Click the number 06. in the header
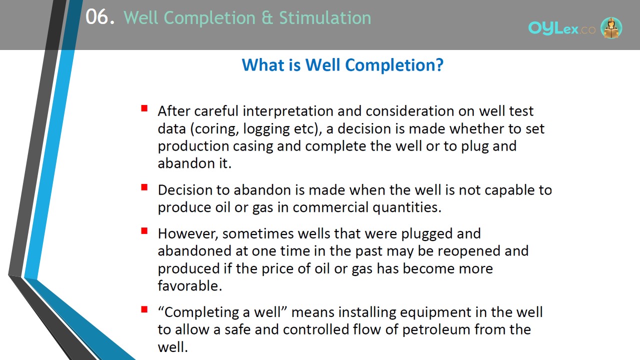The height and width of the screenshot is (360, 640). point(100,17)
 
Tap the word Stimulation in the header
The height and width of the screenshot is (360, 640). point(325,17)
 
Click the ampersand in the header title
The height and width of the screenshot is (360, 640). point(267,17)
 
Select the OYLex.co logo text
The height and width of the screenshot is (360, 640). point(561,28)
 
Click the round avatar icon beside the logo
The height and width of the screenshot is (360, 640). point(611,27)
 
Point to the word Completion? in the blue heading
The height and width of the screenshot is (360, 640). point(394,65)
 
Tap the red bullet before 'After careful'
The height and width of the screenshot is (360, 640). point(144,108)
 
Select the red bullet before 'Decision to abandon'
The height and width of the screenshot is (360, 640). point(144,187)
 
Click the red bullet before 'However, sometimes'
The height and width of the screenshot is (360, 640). point(144,231)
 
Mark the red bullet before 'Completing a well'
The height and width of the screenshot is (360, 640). point(144,309)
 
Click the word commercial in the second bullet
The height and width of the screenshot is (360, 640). point(330,207)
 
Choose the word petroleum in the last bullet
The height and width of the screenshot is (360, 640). point(436,330)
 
